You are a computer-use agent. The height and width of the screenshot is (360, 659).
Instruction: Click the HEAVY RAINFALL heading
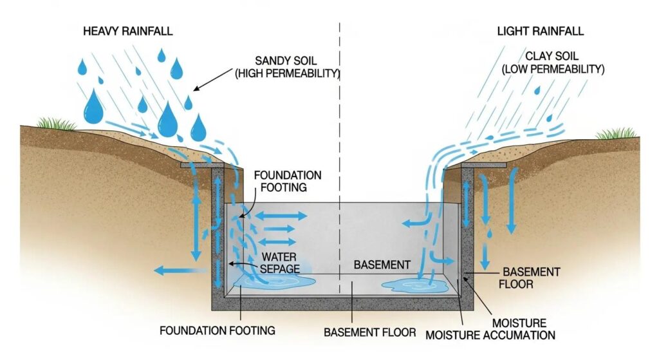pyautogui.click(x=127, y=32)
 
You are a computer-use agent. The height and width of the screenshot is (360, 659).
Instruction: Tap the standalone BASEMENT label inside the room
pyautogui.click(x=382, y=265)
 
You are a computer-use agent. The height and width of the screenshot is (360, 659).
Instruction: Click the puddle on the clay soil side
pyautogui.click(x=413, y=285)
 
